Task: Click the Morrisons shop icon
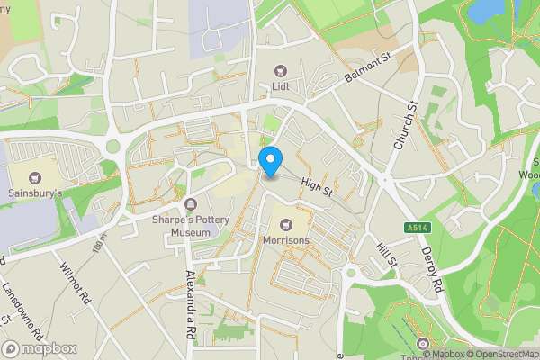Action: pos(286,223)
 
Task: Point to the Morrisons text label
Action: pos(286,241)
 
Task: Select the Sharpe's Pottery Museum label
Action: pos(180,226)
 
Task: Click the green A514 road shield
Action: pos(417,228)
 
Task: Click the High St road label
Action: pos(317,186)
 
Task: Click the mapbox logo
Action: pos(40,348)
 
